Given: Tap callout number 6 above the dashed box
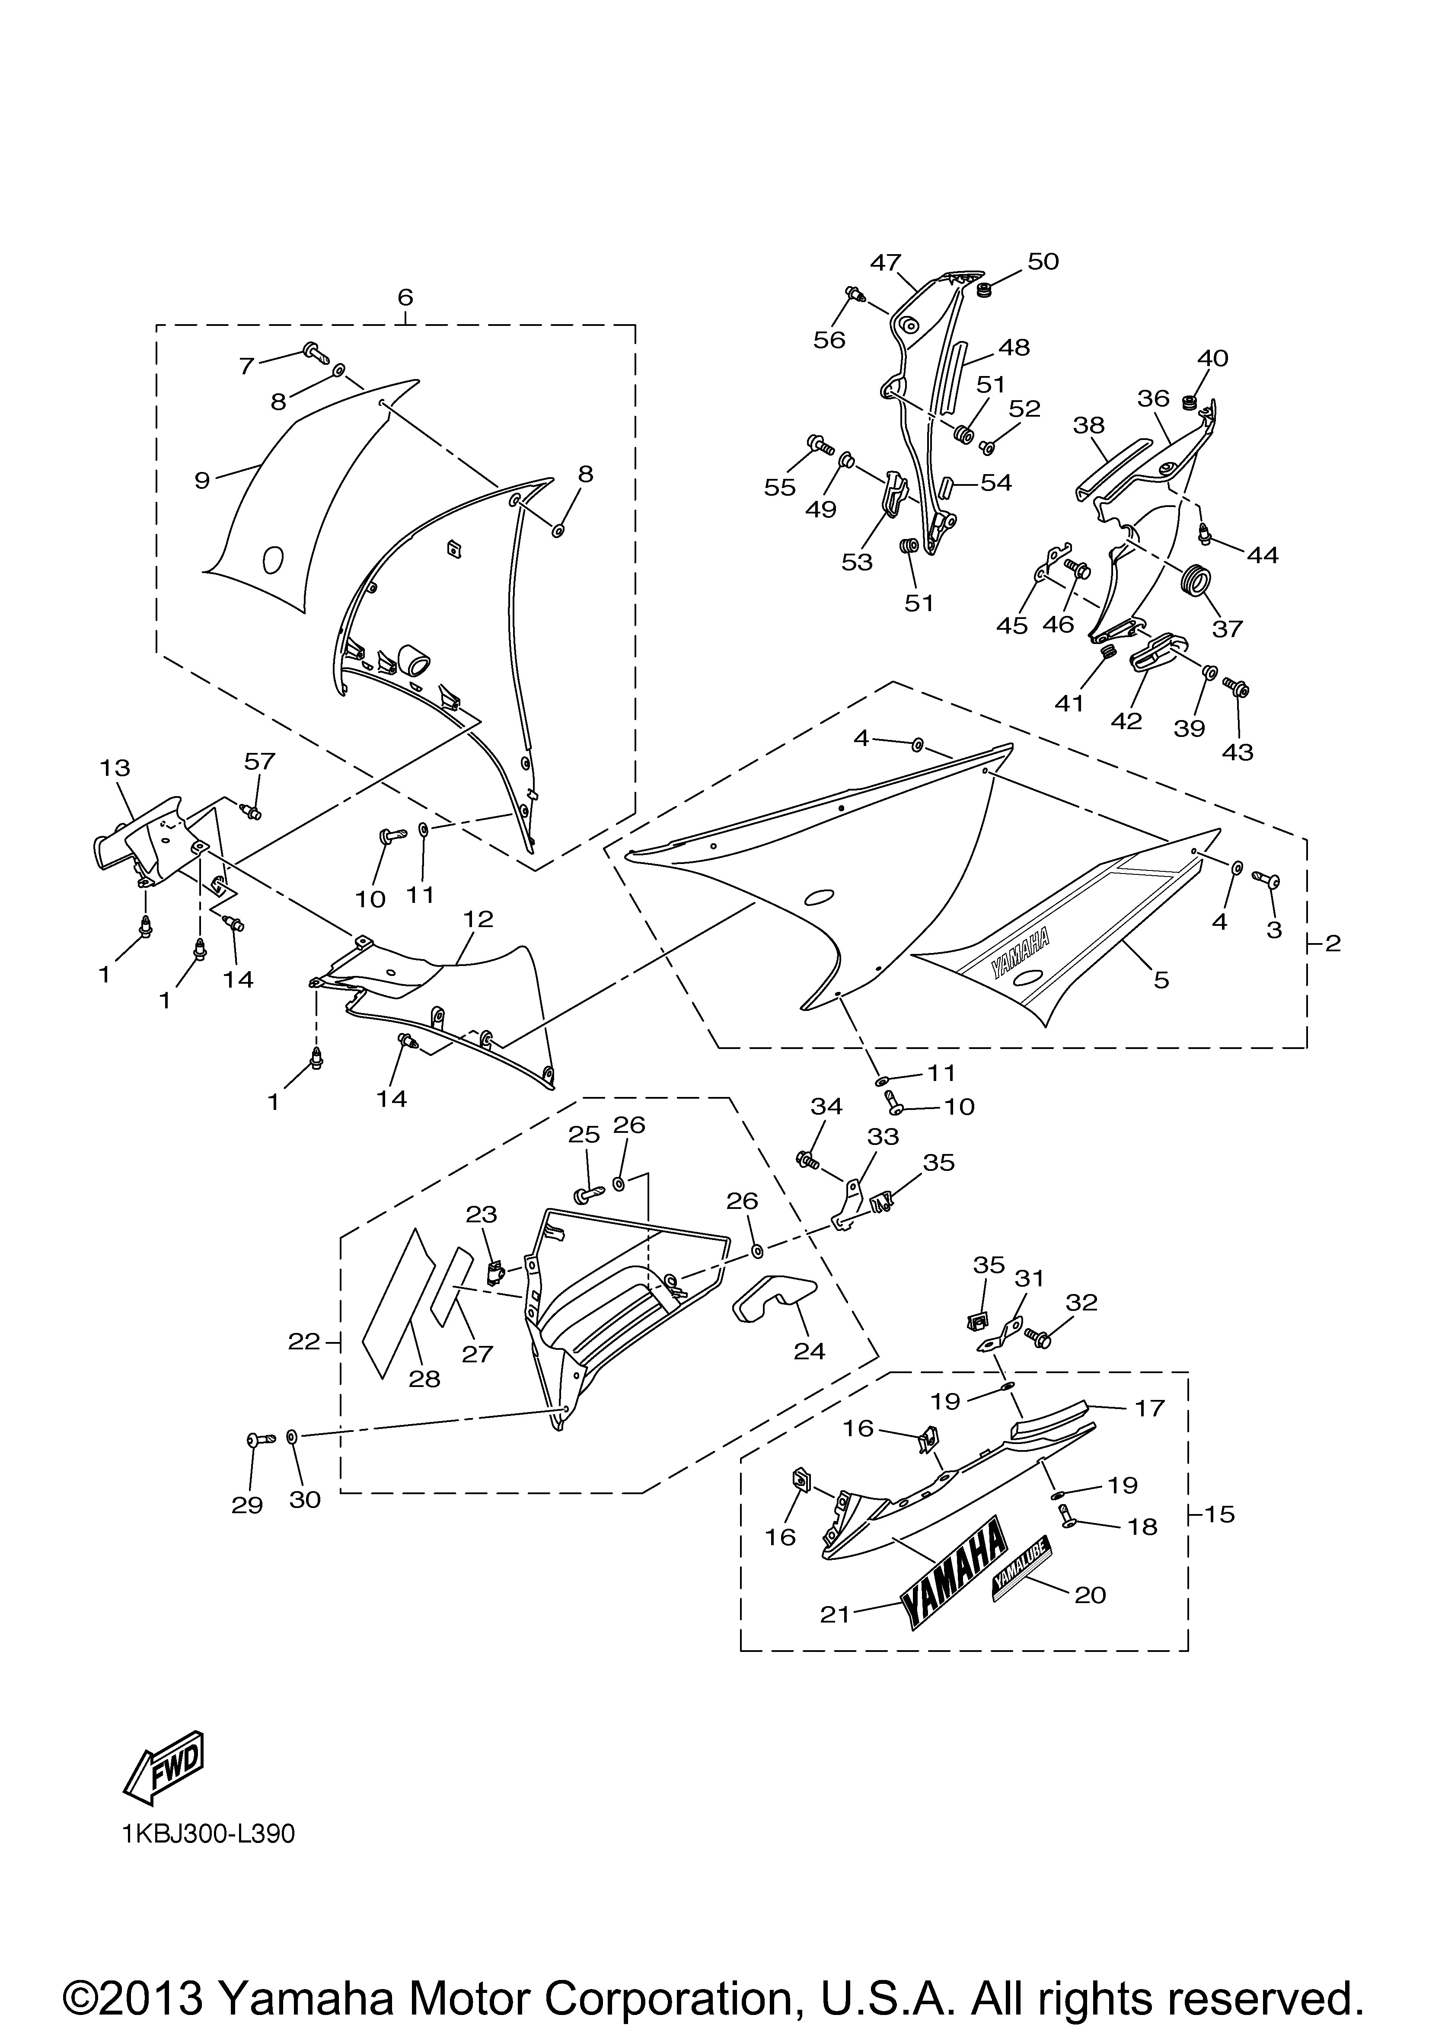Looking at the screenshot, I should click(405, 298).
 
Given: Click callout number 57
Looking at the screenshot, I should click(260, 761).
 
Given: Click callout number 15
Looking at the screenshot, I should click(1220, 1514).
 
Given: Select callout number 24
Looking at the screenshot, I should click(810, 1351).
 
